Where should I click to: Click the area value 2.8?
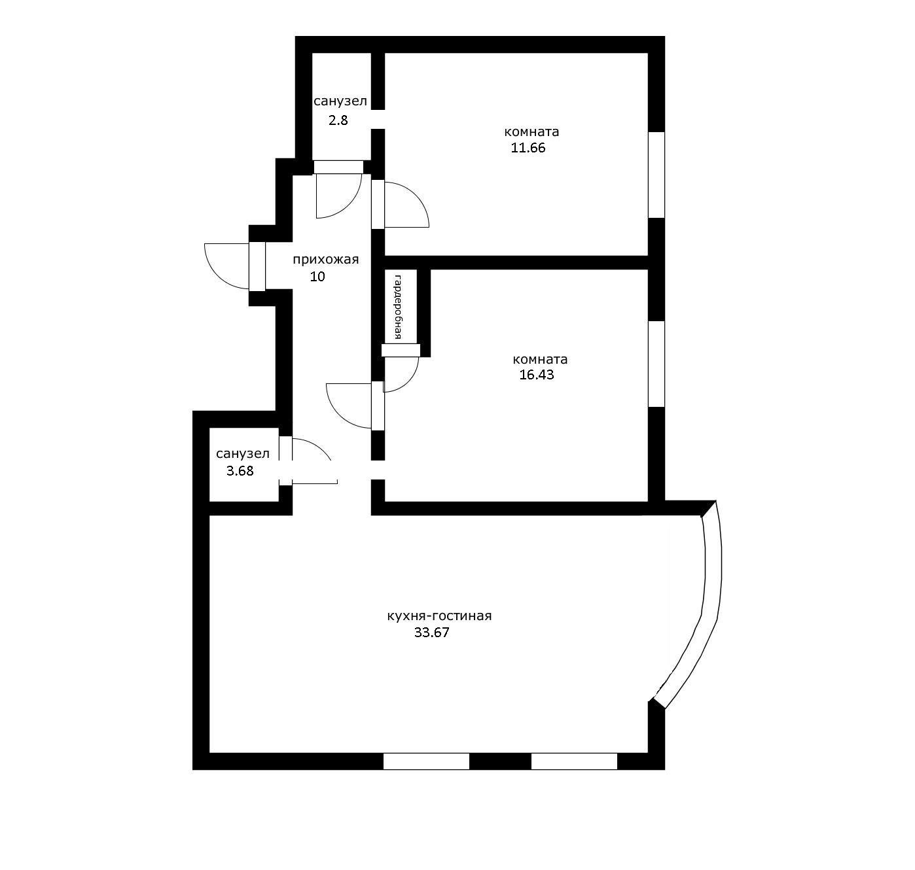click(338, 120)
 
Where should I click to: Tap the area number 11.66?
click(528, 148)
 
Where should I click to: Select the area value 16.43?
click(536, 375)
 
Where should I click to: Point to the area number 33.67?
click(432, 633)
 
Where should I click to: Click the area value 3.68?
click(240, 470)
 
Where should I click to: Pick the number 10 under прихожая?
click(317, 277)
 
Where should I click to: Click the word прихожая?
click(325, 260)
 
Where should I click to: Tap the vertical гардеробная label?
click(398, 307)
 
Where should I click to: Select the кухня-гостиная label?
click(439, 616)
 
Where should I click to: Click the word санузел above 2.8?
click(340, 101)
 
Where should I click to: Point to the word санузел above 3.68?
click(242, 454)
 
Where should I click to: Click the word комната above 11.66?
click(532, 131)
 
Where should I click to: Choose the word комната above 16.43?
click(540, 359)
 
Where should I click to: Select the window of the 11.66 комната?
click(656, 175)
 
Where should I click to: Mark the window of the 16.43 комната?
click(656, 364)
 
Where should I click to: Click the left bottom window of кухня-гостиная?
click(426, 761)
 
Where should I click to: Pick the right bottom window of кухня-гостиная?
click(574, 761)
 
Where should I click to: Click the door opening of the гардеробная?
click(401, 351)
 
